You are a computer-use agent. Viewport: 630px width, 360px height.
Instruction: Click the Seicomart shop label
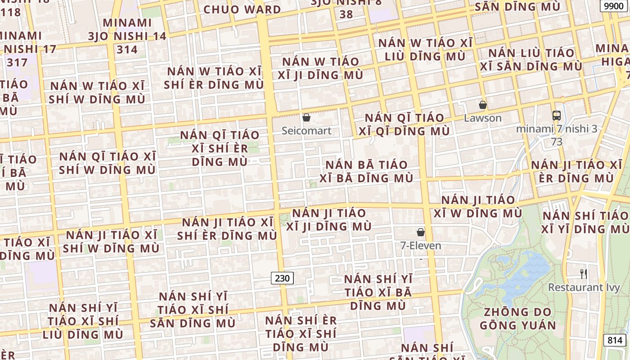[306, 131]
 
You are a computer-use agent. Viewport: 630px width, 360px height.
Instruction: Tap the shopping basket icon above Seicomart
[306, 117]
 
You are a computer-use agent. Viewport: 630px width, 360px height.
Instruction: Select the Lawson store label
[483, 118]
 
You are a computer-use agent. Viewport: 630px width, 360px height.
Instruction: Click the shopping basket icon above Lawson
[483, 105]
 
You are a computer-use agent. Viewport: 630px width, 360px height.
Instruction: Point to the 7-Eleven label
[421, 246]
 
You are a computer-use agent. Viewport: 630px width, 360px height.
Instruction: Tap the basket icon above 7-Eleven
[421, 232]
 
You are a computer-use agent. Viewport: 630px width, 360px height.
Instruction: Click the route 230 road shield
[282, 278]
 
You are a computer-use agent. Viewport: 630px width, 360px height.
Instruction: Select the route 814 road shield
[615, 340]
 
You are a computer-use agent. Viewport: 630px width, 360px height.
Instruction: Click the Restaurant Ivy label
[584, 287]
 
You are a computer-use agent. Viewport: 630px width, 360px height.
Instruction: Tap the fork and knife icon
[584, 274]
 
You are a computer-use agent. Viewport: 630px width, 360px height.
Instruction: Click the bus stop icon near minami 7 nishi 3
[557, 116]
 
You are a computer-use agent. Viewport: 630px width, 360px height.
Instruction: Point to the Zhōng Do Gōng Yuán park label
[517, 318]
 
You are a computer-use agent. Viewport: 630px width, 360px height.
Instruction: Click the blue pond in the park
[524, 272]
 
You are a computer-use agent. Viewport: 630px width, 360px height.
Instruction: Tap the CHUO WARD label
[242, 9]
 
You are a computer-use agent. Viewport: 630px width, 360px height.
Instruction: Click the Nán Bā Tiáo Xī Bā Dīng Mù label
[366, 171]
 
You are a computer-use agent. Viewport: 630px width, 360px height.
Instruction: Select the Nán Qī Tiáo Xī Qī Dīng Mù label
[407, 124]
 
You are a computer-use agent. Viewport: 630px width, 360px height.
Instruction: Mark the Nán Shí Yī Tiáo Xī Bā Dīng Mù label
[378, 292]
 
